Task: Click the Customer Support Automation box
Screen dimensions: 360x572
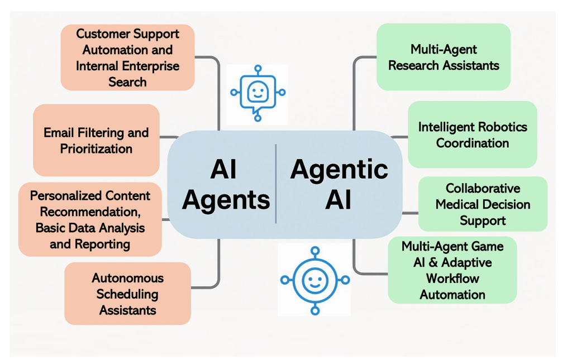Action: [127, 57]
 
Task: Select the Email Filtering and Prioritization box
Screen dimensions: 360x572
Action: [96, 140]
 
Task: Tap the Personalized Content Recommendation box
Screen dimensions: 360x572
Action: [90, 219]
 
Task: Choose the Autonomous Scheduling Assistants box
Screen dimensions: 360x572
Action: [127, 294]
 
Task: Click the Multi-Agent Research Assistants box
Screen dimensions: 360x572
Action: [444, 57]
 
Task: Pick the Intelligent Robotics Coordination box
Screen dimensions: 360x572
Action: [472, 135]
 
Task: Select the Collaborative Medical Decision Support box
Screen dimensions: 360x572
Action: [483, 204]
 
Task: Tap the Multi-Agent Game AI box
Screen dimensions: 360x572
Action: [452, 270]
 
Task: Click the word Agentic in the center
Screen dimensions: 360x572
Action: [339, 169]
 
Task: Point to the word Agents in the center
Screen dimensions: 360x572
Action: [226, 199]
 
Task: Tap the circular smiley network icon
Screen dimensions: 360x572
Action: [314, 280]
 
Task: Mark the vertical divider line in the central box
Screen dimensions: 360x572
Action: [276, 184]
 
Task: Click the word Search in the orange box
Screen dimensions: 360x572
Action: [127, 82]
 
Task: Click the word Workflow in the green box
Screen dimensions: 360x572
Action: [452, 278]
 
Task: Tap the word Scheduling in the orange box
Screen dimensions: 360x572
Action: [127, 294]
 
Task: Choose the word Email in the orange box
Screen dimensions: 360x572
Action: [60, 132]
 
